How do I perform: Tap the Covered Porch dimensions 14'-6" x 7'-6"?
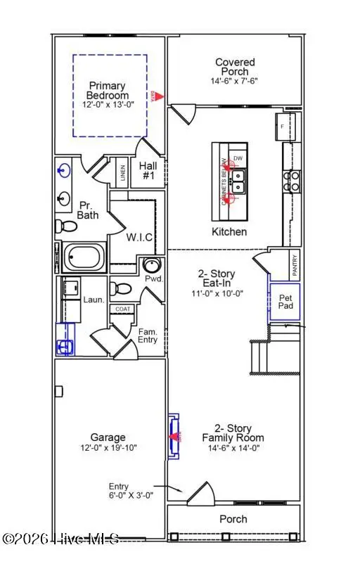(235, 80)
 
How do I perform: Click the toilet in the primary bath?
(67, 226)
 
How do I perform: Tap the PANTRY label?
(295, 265)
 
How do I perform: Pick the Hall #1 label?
(148, 170)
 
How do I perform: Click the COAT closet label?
(123, 308)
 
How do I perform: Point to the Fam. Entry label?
(148, 335)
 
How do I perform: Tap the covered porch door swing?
(184, 112)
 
